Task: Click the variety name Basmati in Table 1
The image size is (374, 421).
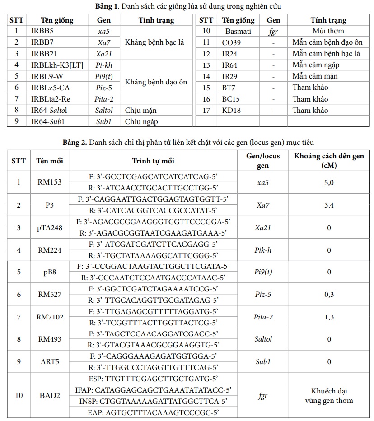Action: click(x=238, y=31)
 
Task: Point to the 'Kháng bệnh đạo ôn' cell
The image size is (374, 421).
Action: click(x=156, y=82)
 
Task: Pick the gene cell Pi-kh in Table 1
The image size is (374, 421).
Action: click(x=103, y=65)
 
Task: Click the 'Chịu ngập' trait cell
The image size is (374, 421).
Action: click(x=141, y=122)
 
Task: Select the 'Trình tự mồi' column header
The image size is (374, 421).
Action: click(x=153, y=161)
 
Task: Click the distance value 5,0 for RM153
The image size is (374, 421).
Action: click(x=329, y=183)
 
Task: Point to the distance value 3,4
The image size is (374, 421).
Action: click(x=329, y=205)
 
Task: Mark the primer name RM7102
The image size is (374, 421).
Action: click(x=50, y=317)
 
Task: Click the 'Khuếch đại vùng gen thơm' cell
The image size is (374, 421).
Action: click(x=329, y=396)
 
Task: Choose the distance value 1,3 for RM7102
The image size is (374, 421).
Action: click(x=329, y=317)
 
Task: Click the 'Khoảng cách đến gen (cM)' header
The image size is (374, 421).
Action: click(x=329, y=161)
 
